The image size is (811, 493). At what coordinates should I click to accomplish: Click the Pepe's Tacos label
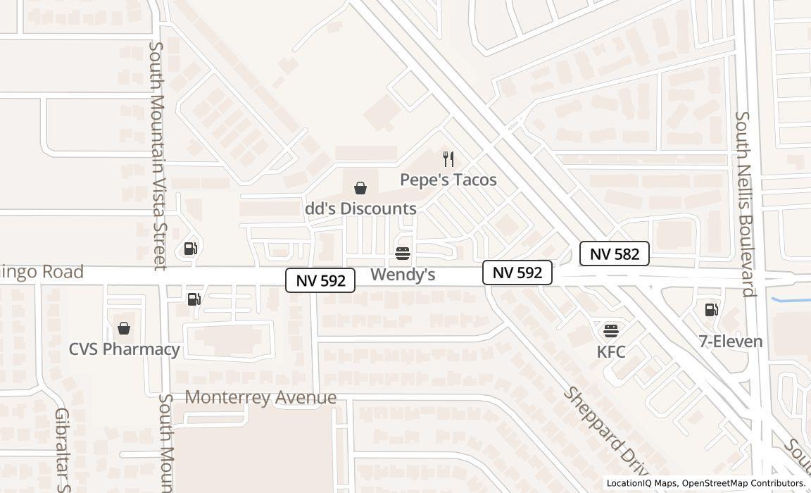tap(448, 180)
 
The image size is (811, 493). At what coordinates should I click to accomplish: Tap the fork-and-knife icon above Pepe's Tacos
tap(448, 159)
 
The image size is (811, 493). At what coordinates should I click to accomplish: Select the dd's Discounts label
tap(361, 208)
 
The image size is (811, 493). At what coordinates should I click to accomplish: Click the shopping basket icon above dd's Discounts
tap(360, 188)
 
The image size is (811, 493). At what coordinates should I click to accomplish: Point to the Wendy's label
tap(403, 274)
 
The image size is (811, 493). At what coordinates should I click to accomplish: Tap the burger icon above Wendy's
tap(403, 254)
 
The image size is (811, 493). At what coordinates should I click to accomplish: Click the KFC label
tap(611, 351)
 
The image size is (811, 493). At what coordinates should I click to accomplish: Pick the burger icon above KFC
tap(611, 331)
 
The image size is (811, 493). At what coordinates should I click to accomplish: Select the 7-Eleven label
tap(731, 342)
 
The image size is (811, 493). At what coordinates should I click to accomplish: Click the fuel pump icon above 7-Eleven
tap(712, 310)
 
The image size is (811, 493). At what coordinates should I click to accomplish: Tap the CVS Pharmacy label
tap(125, 349)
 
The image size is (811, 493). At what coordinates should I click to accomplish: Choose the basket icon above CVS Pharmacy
tap(124, 328)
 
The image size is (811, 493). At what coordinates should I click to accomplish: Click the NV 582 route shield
tap(615, 254)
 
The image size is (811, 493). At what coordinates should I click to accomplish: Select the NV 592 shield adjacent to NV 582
tap(517, 273)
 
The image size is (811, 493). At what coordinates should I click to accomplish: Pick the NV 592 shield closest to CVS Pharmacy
tap(320, 280)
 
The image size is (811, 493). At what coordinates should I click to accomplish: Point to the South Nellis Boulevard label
tap(745, 204)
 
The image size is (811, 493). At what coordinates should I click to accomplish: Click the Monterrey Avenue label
tap(260, 397)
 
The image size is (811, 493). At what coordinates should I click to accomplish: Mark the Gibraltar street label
tap(63, 451)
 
